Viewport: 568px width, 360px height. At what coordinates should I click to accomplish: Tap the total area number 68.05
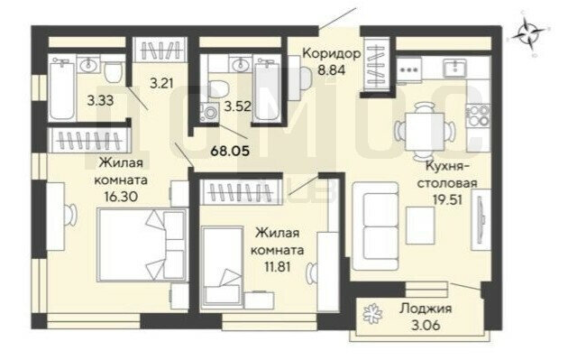[x=231, y=150]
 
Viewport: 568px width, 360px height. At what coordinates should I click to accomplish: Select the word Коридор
[x=332, y=53]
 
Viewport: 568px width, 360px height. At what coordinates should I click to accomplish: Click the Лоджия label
[x=426, y=309]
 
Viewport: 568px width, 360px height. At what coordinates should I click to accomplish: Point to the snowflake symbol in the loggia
[x=372, y=313]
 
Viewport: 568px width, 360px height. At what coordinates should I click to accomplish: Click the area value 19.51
[x=447, y=199]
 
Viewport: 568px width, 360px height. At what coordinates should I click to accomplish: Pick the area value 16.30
[x=121, y=197]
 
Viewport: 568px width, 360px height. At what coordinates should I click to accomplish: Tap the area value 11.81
[x=278, y=267]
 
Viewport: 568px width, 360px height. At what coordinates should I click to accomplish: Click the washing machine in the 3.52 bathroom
[x=209, y=112]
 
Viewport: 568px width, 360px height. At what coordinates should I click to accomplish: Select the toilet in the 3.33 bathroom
[x=115, y=70]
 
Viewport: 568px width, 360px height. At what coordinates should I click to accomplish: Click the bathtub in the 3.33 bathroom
[x=62, y=88]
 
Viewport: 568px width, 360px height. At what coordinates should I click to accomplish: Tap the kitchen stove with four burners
[x=478, y=115]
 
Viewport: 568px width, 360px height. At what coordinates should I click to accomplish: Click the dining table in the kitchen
[x=424, y=131]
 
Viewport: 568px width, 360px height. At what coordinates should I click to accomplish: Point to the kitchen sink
[x=454, y=69]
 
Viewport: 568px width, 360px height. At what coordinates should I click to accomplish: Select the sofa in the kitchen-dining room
[x=376, y=226]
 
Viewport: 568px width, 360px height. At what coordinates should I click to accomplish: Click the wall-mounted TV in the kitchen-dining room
[x=481, y=219]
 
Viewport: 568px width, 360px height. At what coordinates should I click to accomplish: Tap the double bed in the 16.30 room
[x=142, y=245]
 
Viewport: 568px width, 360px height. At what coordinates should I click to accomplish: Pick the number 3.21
[x=161, y=84]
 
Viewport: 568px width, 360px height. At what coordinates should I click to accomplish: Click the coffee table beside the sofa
[x=420, y=226]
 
